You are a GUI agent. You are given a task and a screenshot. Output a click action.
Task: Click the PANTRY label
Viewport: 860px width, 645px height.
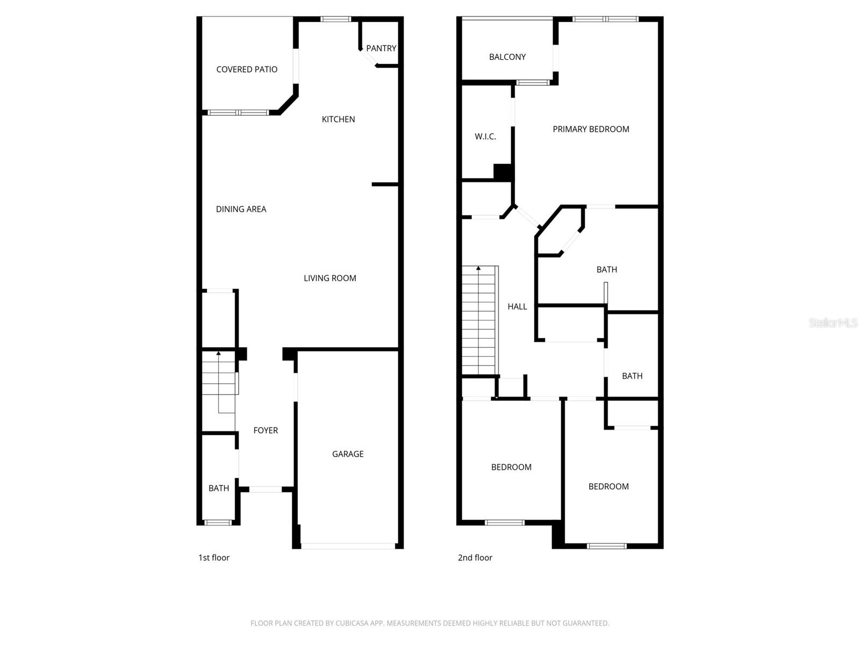point(381,48)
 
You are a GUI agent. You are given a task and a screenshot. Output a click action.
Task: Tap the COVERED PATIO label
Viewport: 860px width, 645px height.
point(247,69)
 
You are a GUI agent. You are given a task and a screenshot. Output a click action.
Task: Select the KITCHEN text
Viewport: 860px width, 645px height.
point(338,119)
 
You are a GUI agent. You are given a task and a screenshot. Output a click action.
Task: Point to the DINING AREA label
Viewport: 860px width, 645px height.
point(241,209)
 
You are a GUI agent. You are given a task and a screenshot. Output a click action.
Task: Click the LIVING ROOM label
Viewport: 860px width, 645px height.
point(329,278)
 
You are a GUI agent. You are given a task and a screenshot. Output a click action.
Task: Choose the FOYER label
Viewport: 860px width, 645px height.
point(266,431)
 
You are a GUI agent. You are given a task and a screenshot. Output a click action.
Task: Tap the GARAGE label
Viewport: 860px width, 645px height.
point(348,454)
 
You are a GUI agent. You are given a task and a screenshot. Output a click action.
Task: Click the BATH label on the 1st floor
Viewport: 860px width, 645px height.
point(218,488)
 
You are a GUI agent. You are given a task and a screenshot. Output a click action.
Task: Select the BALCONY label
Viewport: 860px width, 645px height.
point(507,57)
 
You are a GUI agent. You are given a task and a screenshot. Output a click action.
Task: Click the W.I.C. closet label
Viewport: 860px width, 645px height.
point(485,137)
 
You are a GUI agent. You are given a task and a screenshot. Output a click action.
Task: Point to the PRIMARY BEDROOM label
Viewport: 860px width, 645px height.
point(591,129)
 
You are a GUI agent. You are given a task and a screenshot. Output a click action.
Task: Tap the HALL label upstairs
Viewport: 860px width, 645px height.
point(517,306)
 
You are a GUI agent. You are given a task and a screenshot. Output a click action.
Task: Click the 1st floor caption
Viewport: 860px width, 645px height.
point(214,558)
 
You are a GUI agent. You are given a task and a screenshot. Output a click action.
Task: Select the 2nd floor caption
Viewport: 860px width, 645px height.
point(475,558)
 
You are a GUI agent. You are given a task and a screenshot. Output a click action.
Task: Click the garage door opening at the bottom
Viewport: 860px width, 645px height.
point(348,546)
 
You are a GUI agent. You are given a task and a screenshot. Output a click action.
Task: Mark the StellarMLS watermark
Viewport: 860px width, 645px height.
point(833,322)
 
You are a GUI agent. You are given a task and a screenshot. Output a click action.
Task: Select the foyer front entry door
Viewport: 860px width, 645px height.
point(266,489)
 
